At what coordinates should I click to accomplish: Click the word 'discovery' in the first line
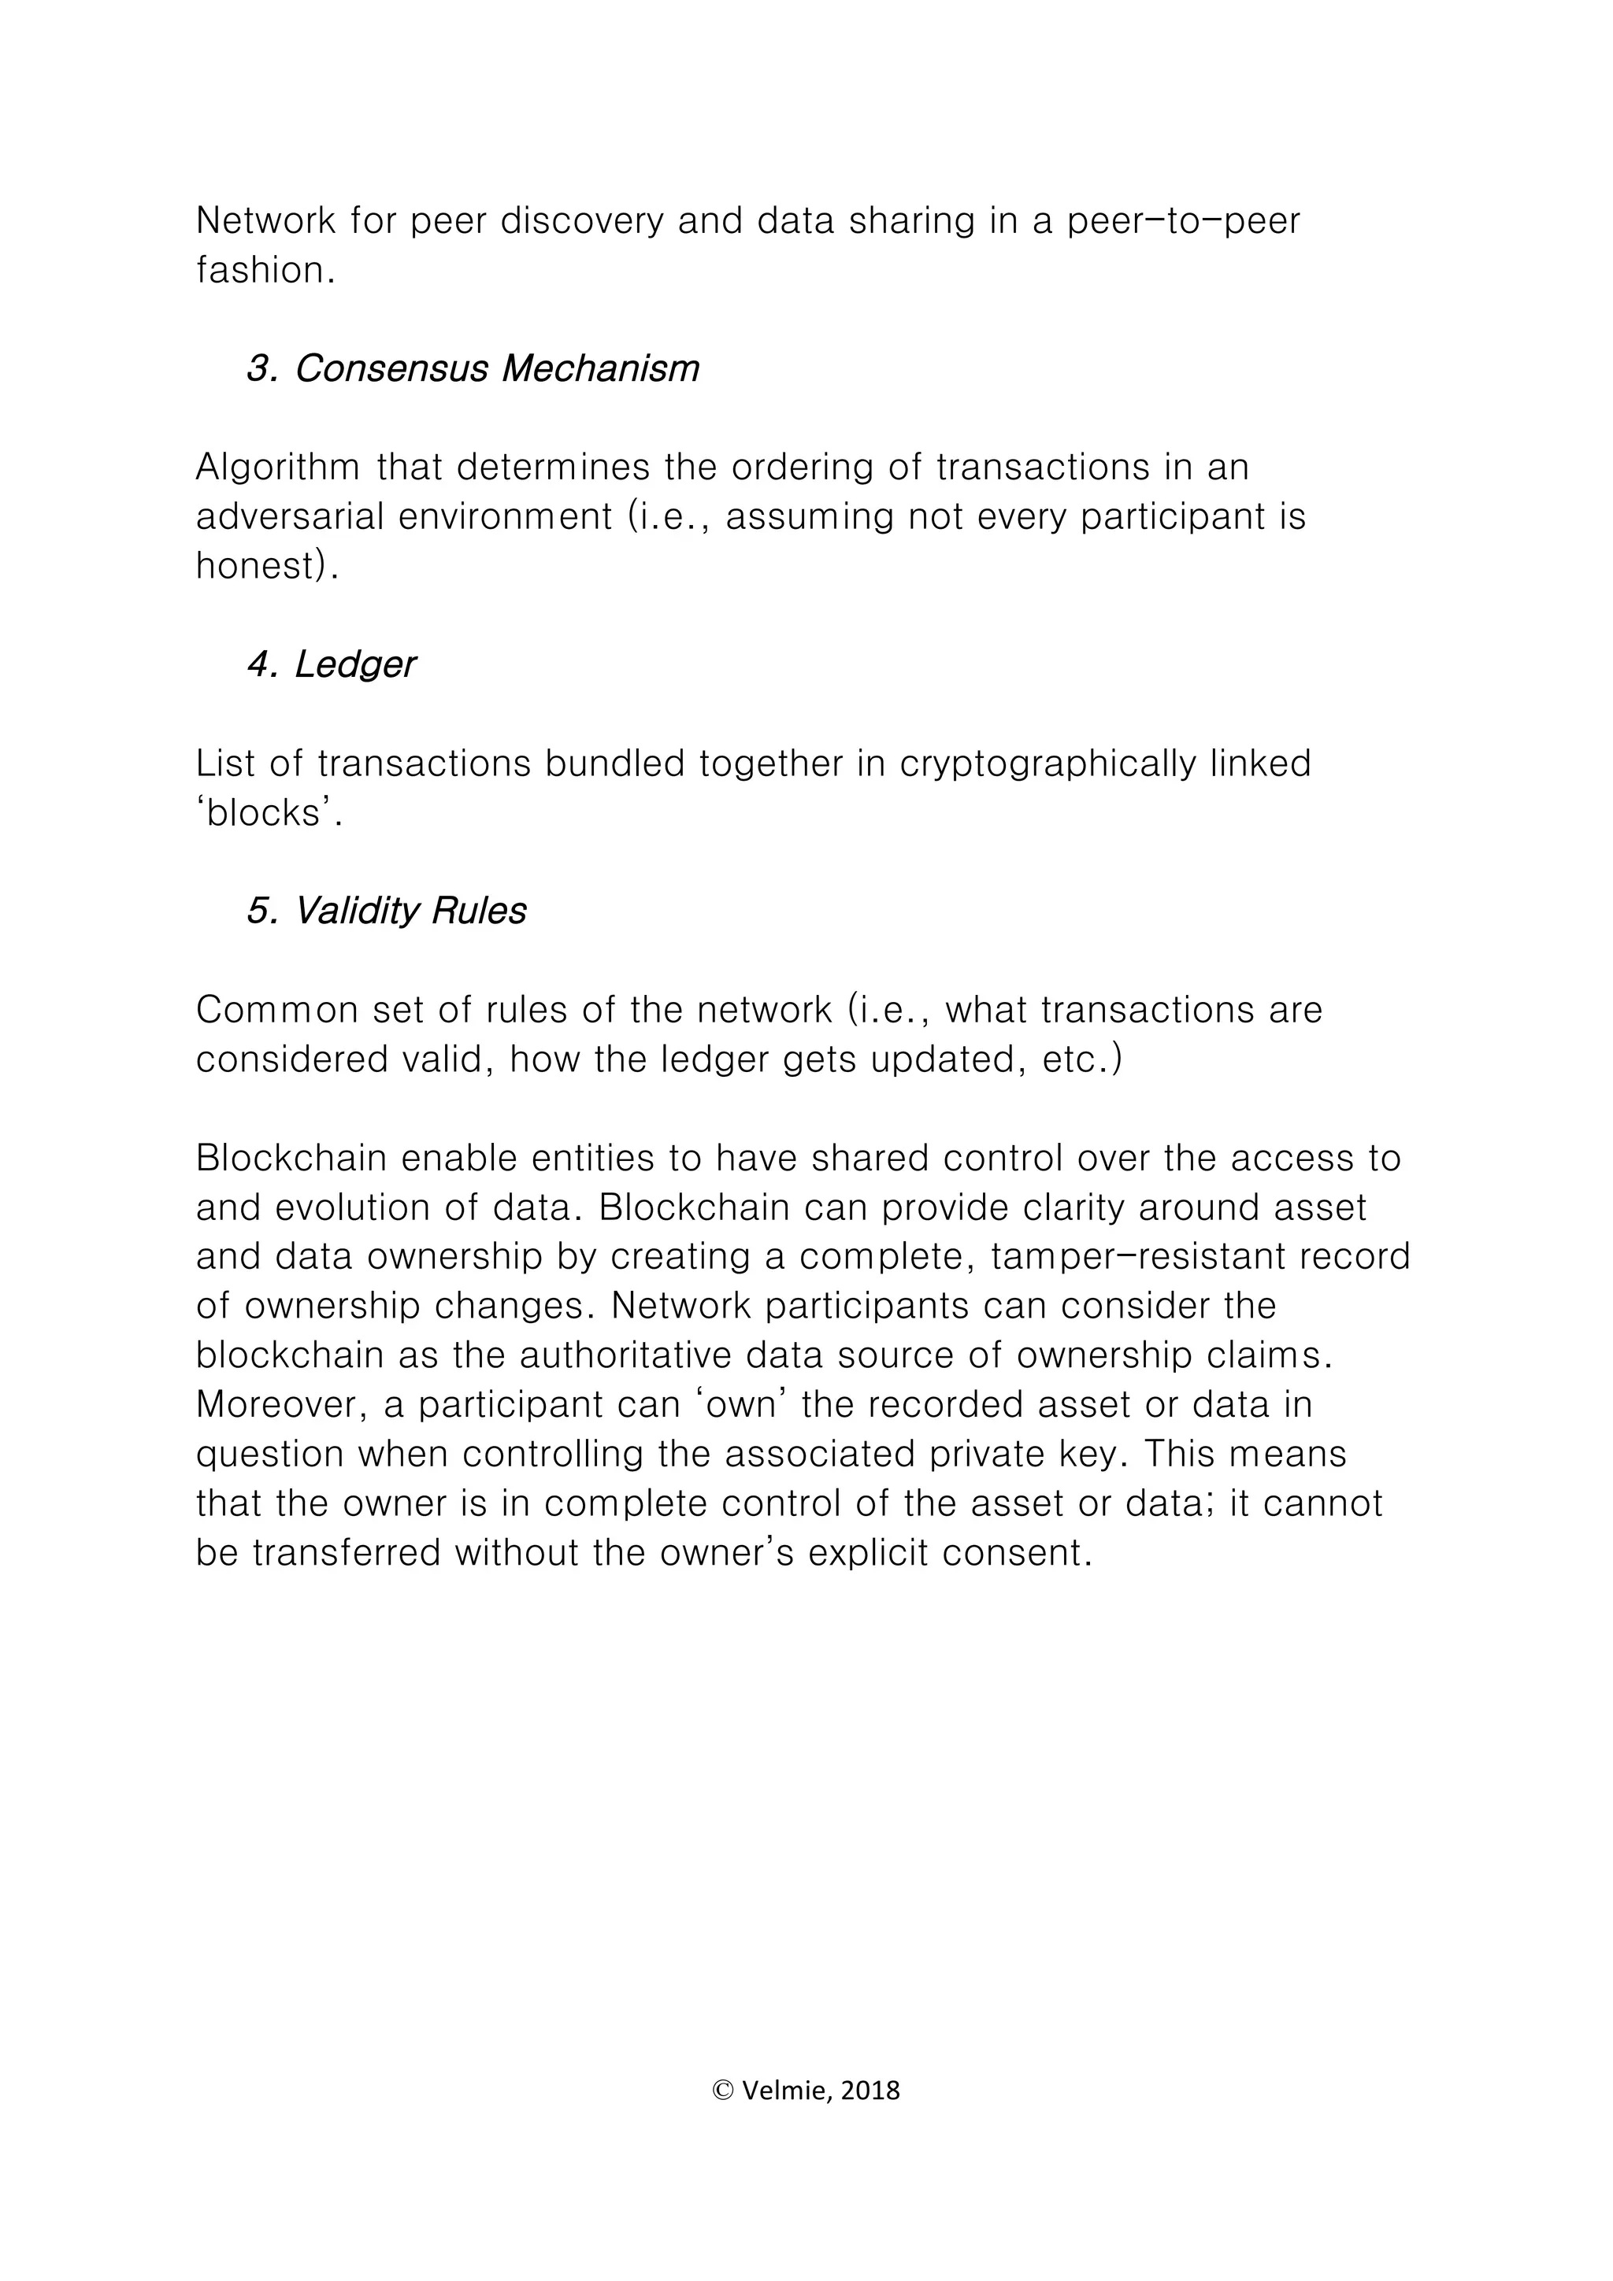[x=580, y=220]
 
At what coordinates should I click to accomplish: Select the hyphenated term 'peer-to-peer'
[x=1183, y=220]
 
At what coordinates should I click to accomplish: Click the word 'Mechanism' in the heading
[x=599, y=368]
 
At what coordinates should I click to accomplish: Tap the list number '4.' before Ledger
[x=261, y=664]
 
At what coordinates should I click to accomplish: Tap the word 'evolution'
[x=345, y=1207]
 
